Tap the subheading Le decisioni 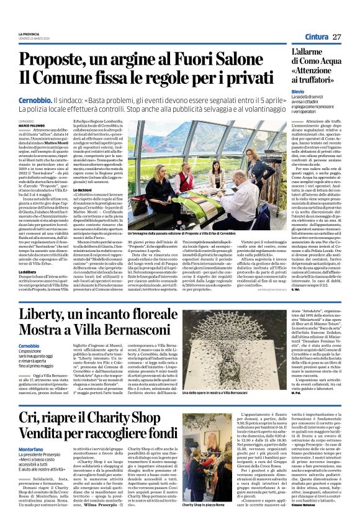tap(104, 190)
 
